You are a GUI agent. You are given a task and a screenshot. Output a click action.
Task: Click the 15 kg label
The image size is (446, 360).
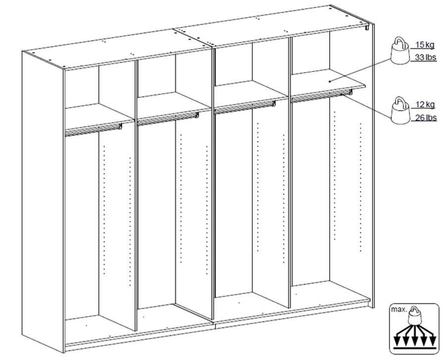(425, 45)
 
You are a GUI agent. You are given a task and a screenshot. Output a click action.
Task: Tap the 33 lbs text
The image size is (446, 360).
(425, 57)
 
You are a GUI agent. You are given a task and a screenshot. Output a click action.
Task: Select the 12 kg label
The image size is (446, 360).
(425, 104)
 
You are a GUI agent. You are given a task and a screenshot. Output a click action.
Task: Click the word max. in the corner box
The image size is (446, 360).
(399, 309)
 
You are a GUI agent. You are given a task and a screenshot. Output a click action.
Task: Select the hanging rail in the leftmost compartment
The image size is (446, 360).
(94, 130)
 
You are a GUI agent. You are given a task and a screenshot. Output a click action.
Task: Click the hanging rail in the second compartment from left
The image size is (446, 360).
(168, 119)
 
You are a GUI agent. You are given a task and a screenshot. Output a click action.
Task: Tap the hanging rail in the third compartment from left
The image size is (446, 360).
(245, 107)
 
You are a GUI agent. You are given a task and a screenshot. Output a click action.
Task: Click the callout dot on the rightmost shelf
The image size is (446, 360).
(330, 82)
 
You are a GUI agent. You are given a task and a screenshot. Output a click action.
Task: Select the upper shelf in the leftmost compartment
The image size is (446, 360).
(99, 114)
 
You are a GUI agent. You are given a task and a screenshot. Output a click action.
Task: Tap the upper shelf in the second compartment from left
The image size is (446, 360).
(174, 103)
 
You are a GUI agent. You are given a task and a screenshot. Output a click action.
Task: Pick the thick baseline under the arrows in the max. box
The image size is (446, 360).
(415, 348)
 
